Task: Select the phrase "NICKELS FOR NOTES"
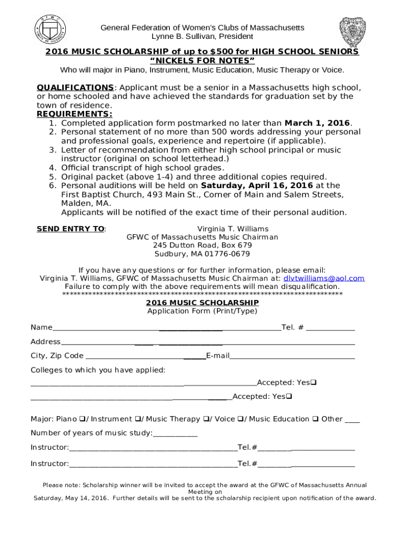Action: click(202, 60)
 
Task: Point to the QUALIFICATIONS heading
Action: click(75, 87)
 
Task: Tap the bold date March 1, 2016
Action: click(317, 123)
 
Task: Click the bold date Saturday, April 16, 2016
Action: click(257, 185)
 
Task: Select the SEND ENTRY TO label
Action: click(70, 229)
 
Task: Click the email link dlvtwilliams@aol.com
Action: click(324, 278)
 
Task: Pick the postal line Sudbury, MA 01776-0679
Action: click(202, 254)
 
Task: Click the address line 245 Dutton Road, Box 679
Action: click(202, 246)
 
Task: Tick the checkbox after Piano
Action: click(82, 419)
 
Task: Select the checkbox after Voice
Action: click(240, 419)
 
